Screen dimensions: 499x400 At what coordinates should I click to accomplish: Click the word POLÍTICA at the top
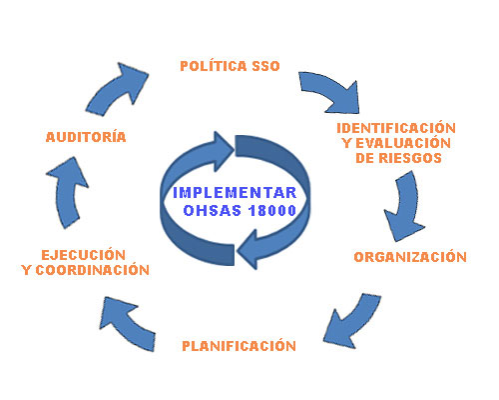(x=214, y=66)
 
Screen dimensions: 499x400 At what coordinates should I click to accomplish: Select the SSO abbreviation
(x=265, y=66)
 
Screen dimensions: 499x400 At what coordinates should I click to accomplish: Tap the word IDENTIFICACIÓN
(x=396, y=128)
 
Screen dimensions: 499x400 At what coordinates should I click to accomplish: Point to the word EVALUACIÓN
(x=403, y=143)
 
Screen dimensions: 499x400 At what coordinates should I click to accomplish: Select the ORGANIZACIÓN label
(x=410, y=257)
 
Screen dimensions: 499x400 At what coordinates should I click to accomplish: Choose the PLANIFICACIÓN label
(x=239, y=346)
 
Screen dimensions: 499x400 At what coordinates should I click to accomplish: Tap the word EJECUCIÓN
(x=84, y=255)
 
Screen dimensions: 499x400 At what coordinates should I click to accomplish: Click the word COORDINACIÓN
(x=92, y=270)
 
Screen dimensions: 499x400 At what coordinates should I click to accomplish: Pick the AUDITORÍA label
(x=86, y=137)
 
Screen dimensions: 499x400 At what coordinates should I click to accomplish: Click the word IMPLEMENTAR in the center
(x=235, y=193)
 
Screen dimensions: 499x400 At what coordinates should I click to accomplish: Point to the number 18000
(x=272, y=210)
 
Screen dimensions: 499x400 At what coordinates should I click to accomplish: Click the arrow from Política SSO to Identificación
(x=332, y=92)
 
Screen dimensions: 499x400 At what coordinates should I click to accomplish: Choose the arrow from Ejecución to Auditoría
(x=67, y=193)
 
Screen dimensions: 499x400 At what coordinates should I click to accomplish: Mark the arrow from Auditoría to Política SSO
(x=117, y=88)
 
